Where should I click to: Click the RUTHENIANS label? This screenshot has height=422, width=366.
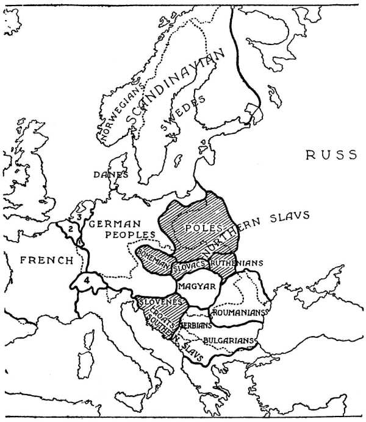[237, 263]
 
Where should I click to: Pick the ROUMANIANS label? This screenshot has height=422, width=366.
[239, 312]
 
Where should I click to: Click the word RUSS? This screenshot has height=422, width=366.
[329, 155]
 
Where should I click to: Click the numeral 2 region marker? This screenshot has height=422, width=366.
[71, 228]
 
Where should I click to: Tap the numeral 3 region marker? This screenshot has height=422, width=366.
[77, 216]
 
